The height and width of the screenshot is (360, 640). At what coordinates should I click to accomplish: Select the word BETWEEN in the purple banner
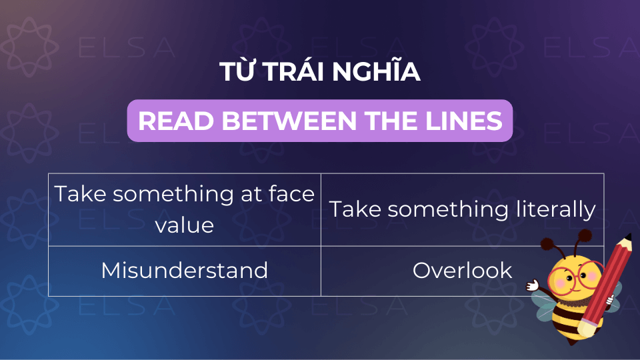click(x=289, y=121)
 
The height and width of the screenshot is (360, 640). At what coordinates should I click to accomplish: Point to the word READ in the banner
click(x=176, y=121)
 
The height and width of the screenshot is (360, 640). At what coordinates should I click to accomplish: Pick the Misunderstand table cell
click(x=185, y=271)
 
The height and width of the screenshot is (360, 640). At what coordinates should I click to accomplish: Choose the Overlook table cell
click(x=462, y=271)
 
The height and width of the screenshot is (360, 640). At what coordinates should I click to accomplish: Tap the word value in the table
click(x=185, y=225)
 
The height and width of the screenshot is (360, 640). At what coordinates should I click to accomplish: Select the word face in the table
click(x=291, y=193)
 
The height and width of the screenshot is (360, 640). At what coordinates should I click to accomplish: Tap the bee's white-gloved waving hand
click(x=532, y=285)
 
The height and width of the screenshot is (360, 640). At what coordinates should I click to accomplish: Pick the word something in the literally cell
click(x=448, y=210)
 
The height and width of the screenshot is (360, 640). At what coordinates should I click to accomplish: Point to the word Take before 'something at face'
click(x=80, y=193)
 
